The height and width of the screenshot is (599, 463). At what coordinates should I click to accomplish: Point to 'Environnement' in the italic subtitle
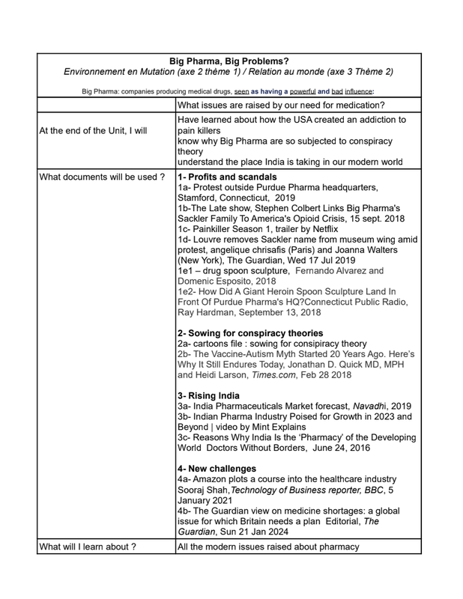[97, 73]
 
